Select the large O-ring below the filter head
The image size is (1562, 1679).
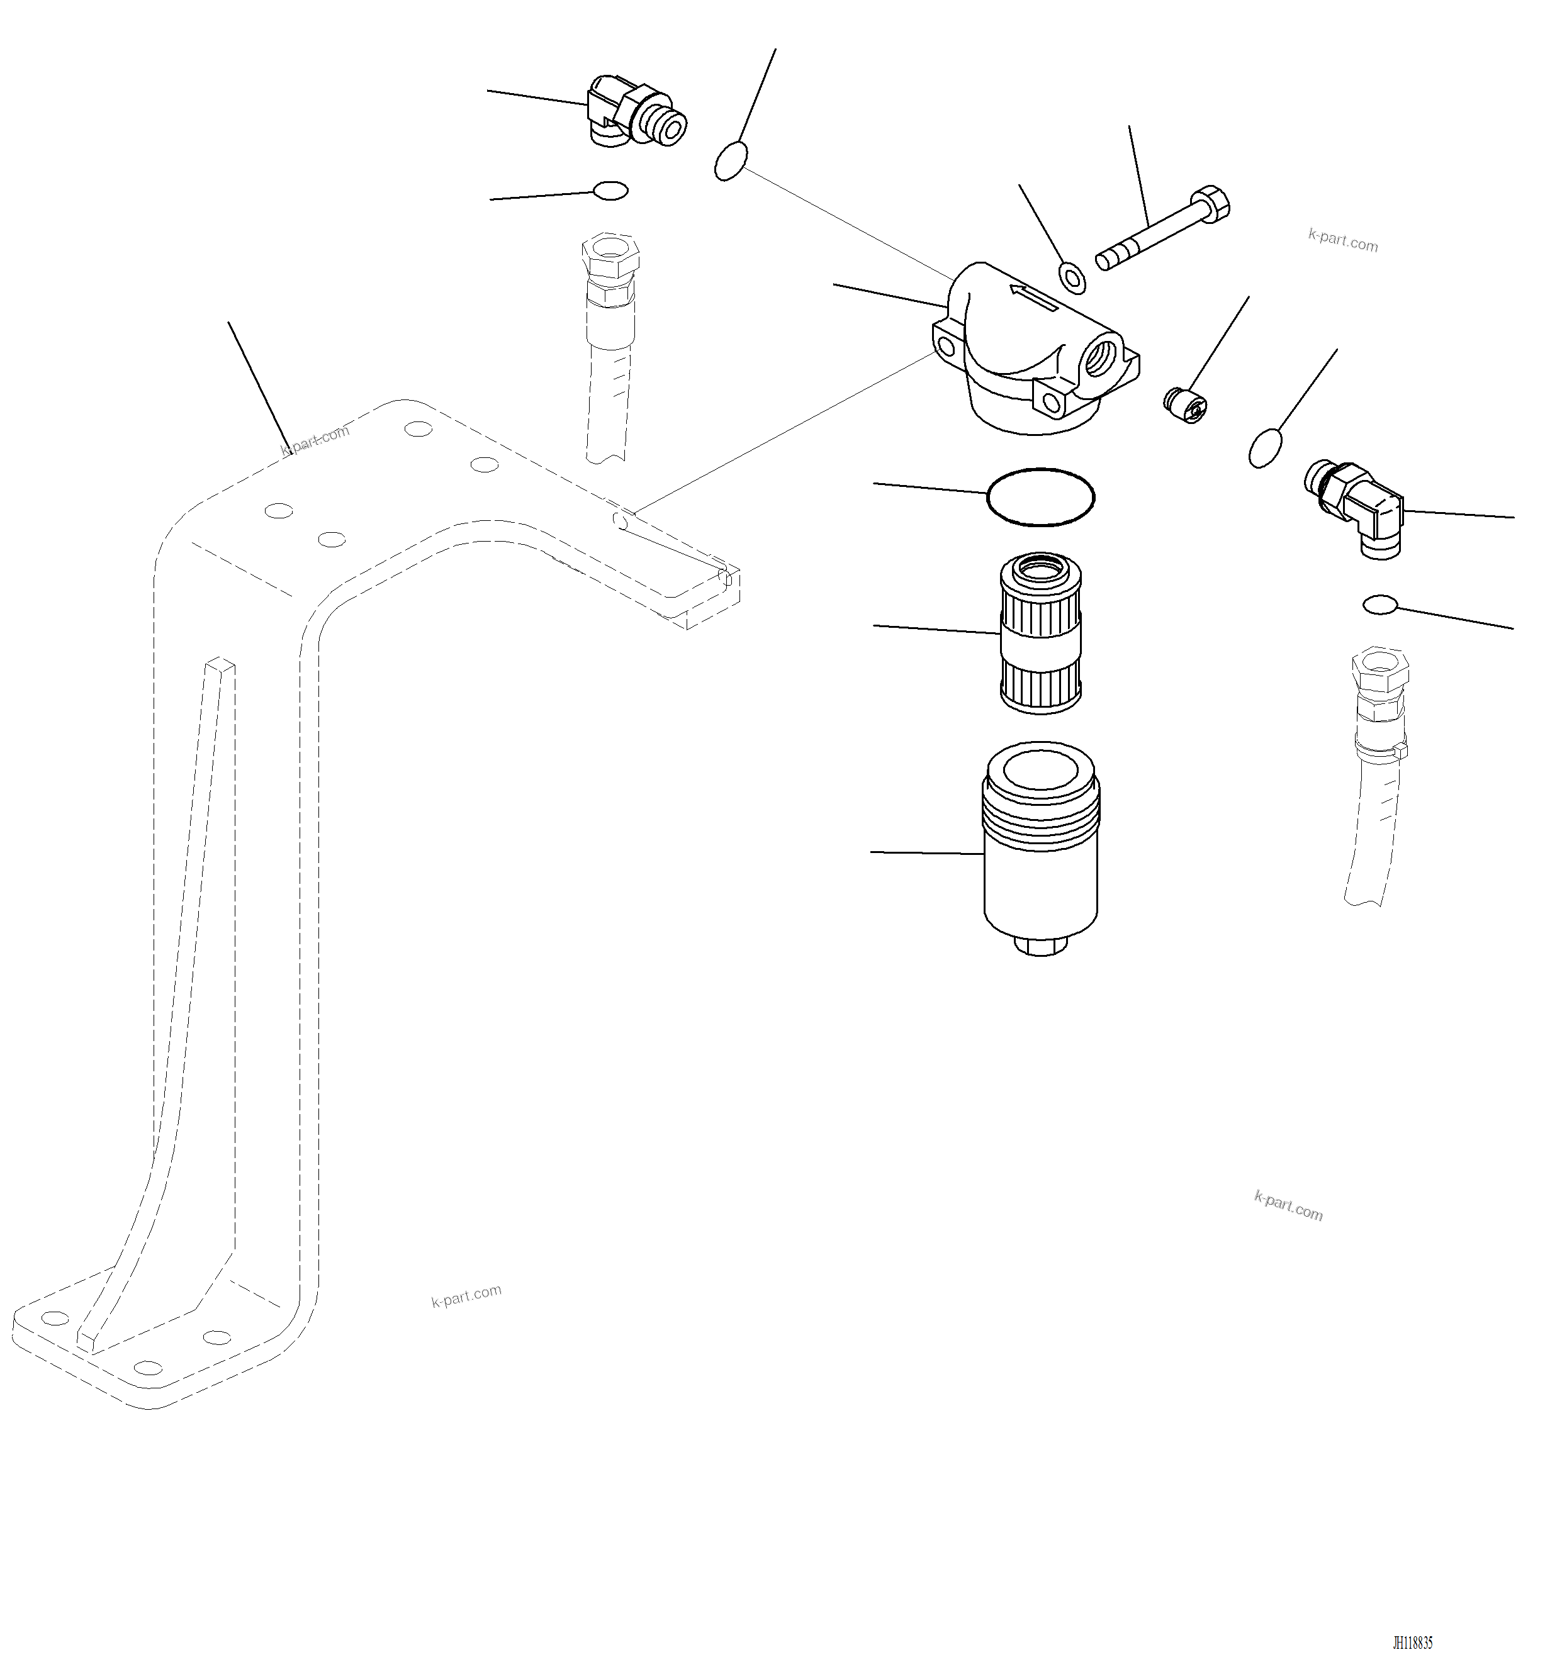coord(1040,498)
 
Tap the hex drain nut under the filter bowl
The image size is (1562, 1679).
coord(1041,946)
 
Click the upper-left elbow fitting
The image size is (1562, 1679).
coord(634,114)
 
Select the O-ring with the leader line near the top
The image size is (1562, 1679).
coord(731,160)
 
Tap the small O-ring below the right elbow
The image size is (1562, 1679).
coord(1379,605)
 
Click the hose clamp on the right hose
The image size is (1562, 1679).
coord(1379,747)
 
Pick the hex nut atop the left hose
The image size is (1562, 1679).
coord(610,252)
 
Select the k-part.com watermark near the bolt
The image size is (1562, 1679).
coord(1342,242)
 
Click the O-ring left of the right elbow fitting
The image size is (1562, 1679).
coord(1264,448)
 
